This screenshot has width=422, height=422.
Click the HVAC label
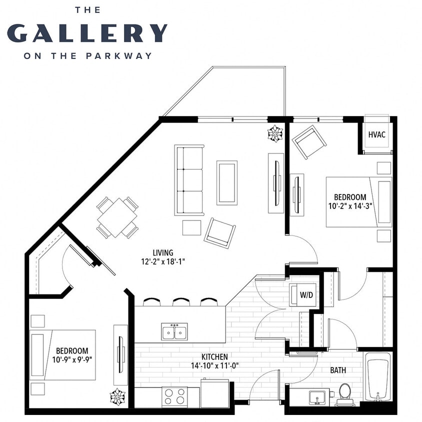coord(376,135)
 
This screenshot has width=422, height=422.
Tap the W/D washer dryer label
coord(306,295)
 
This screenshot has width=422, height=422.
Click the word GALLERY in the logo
coord(87,32)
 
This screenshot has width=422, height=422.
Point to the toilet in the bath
coord(344,392)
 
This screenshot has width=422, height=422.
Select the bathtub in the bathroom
coord(378,377)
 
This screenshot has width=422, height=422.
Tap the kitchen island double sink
coord(174,331)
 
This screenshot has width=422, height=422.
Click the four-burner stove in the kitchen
coord(174,396)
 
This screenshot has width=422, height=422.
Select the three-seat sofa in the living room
coord(189,180)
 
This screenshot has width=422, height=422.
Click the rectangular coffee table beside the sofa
coord(227,182)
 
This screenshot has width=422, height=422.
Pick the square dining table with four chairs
coord(117,217)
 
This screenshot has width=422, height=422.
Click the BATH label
coord(338,370)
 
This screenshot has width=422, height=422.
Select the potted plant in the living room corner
coord(275,133)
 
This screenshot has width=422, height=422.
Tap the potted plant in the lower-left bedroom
coord(117,396)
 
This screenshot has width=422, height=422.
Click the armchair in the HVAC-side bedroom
coord(309,142)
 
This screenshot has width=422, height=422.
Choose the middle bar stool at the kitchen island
coord(180,302)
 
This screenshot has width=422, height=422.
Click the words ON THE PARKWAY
coord(87,55)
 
